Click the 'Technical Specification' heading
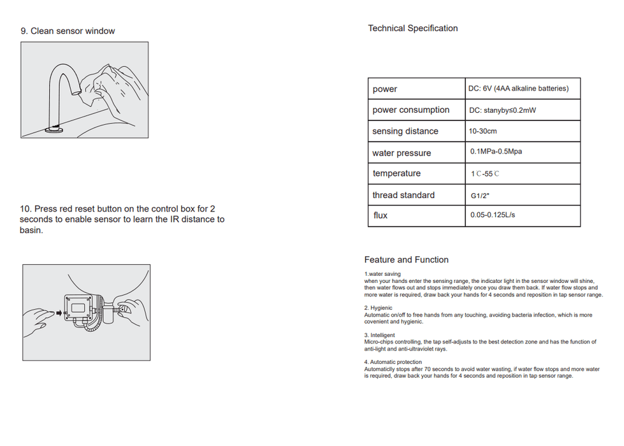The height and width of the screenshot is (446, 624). coord(412,28)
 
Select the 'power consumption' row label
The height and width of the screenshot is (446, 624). coord(410,110)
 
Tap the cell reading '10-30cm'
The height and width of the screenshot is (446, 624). coord(483,131)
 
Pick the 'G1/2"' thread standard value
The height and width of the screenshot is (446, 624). coord(479,196)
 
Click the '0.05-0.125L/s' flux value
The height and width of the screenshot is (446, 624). coord(493,215)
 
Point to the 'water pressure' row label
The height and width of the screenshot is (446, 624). coord(402,153)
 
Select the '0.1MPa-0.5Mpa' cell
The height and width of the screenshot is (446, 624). coord(496,152)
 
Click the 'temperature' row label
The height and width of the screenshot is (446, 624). coord(396,173)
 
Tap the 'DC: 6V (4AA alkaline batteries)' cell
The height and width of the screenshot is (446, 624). coord(519,89)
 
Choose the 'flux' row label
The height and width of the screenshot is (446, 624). coord(381,215)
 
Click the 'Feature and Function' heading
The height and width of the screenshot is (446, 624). coord(406,260)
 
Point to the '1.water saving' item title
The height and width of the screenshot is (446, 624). coord(382,274)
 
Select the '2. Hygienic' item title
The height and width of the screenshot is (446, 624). coord(378,308)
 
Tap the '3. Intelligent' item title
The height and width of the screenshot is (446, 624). coord(379,335)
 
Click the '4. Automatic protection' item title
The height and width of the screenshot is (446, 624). coord(393,363)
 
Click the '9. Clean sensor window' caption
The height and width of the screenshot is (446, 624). coord(68,31)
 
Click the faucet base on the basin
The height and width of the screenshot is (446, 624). coord(54,129)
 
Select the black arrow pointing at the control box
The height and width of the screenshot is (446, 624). coord(59,313)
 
